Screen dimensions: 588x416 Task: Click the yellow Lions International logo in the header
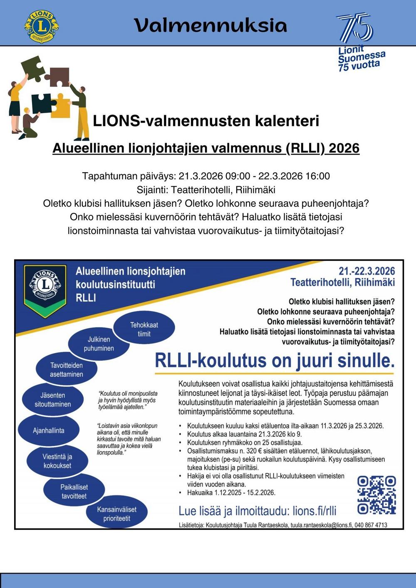[41, 26]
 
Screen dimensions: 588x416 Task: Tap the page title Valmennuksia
[210, 25]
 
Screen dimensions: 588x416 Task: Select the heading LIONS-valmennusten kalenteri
[206, 121]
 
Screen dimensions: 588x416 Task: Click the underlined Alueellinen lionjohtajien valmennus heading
[206, 148]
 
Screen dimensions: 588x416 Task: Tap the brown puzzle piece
[57, 76]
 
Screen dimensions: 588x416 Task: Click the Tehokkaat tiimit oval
[144, 329]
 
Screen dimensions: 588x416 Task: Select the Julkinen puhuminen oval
[99, 344]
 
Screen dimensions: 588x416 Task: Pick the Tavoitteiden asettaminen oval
[67, 370]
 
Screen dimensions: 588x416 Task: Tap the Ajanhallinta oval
[49, 430]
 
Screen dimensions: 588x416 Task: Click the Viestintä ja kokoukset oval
[57, 461]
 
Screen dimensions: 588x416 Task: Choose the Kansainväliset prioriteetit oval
[116, 514]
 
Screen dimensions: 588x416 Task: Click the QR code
[376, 495]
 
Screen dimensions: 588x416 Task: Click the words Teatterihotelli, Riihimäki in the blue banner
[342, 282]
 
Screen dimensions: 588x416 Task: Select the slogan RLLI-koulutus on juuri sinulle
[275, 360]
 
